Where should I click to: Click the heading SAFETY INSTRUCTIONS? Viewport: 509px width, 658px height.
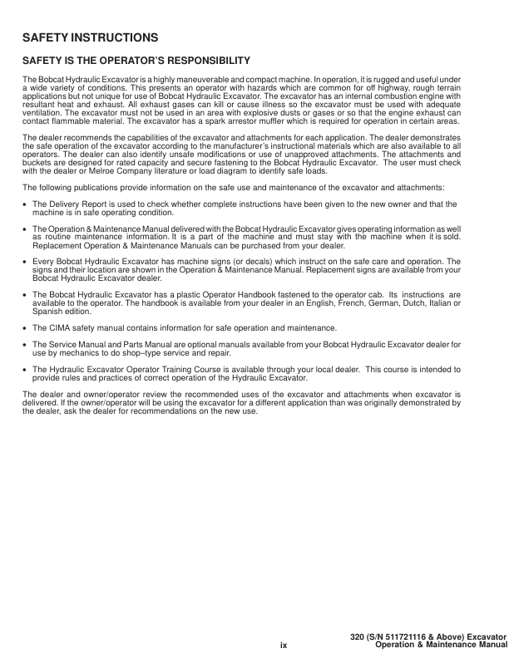[89, 38]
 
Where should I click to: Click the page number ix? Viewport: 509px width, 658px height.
[283, 643]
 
